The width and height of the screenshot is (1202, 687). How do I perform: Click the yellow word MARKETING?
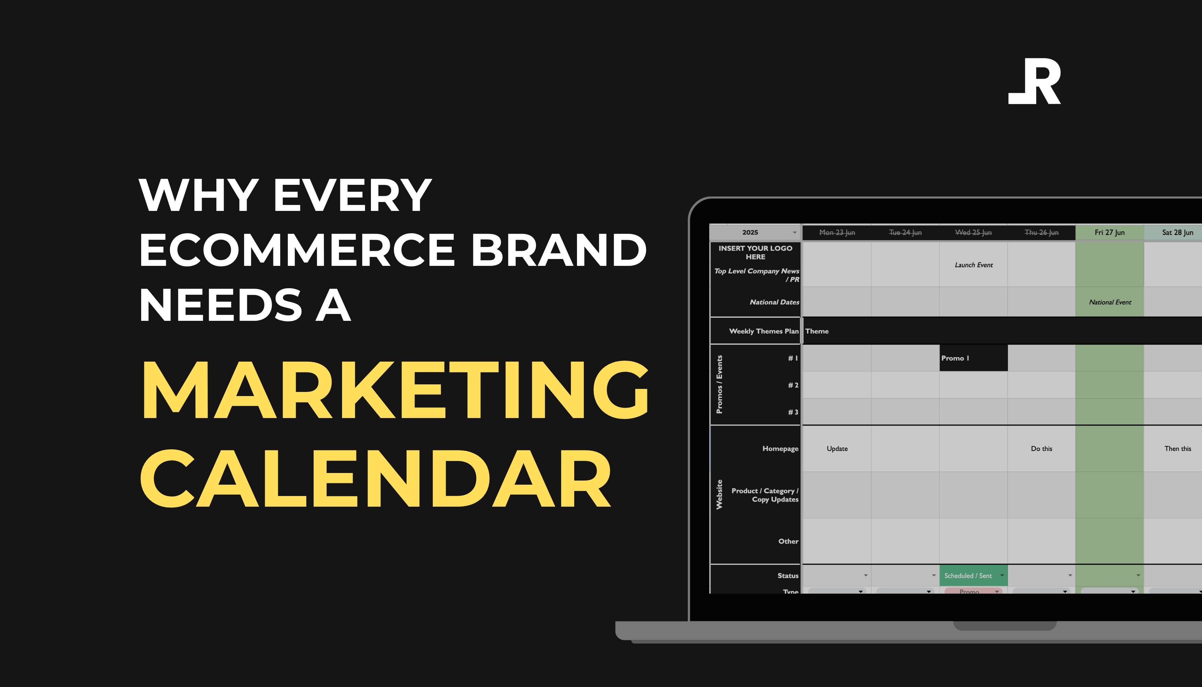[395, 390]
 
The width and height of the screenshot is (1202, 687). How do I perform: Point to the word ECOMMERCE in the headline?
[297, 250]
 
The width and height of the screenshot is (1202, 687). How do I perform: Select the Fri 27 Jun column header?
[1110, 233]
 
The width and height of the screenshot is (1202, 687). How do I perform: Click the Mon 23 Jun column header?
[837, 233]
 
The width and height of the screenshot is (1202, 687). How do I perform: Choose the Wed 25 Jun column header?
[973, 233]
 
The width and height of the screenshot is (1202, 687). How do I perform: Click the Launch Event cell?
[974, 265]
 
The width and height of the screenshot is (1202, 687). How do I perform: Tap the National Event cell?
[1110, 302]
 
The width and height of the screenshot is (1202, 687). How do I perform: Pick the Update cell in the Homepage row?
[837, 449]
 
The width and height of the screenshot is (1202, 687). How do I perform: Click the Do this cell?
[1041, 449]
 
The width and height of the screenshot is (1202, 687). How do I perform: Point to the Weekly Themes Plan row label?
[763, 331]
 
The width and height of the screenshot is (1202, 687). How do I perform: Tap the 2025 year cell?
[750, 233]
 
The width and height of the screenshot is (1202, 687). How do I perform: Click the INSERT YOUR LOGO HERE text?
[755, 252]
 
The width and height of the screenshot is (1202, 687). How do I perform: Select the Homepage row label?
[780, 449]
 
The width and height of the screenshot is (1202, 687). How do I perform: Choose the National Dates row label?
[774, 302]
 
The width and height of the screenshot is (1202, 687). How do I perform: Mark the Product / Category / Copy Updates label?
[765, 495]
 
